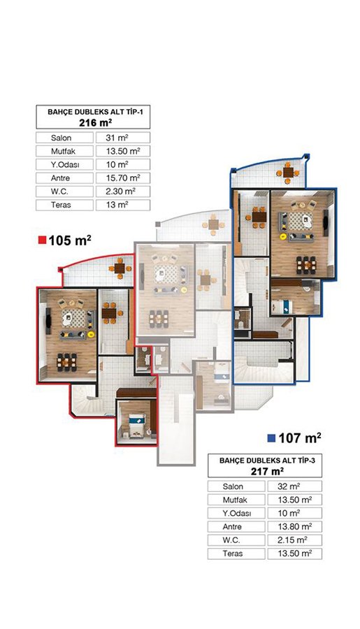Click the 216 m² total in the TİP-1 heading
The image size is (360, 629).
tap(95, 122)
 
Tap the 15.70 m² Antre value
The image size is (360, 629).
tap(122, 178)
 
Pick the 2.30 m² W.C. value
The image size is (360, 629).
tap(120, 191)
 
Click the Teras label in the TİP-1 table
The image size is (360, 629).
tap(61, 205)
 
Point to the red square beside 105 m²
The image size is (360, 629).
tap(42, 241)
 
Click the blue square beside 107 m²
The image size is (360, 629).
tap(271, 438)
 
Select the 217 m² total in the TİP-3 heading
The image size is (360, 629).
tap(267, 471)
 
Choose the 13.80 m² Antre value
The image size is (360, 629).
tap(294, 526)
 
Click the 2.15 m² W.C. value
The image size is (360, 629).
tap(292, 540)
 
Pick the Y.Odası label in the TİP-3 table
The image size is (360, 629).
tap(237, 513)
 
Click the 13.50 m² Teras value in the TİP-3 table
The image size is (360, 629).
tap(294, 554)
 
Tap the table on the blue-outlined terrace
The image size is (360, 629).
tap(288, 173)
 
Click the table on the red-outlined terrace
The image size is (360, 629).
tap(120, 268)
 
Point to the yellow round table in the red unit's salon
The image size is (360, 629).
tap(91, 334)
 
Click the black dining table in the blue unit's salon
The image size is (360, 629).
tap(306, 265)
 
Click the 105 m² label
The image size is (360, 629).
tap(70, 240)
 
